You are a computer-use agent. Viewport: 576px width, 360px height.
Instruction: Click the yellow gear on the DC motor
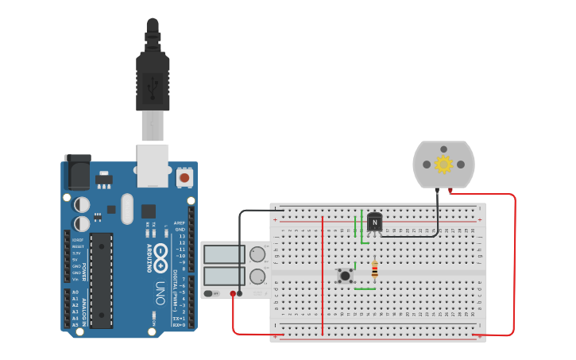[443, 165]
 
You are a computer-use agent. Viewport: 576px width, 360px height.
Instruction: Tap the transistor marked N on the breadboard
[374, 223]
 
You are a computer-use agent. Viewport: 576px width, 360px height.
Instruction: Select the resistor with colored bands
[374, 272]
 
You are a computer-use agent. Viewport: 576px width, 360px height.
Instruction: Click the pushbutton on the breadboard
[345, 276]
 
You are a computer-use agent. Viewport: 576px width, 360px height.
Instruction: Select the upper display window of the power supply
[225, 254]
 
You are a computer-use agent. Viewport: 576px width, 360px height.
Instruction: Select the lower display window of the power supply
[225, 277]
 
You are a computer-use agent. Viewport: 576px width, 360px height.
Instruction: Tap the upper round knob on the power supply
[257, 254]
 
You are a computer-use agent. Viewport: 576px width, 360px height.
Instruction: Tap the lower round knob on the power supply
[257, 277]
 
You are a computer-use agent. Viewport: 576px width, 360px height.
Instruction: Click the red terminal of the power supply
[233, 294]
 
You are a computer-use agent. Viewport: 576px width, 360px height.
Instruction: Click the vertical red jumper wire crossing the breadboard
[323, 274]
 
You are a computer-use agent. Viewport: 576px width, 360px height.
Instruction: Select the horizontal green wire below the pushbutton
[364, 289]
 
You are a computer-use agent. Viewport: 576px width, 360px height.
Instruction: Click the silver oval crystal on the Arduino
[127, 208]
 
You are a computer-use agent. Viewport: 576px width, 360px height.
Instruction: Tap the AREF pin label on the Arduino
[180, 223]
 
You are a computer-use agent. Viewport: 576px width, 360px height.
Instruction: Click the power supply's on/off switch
[211, 293]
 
